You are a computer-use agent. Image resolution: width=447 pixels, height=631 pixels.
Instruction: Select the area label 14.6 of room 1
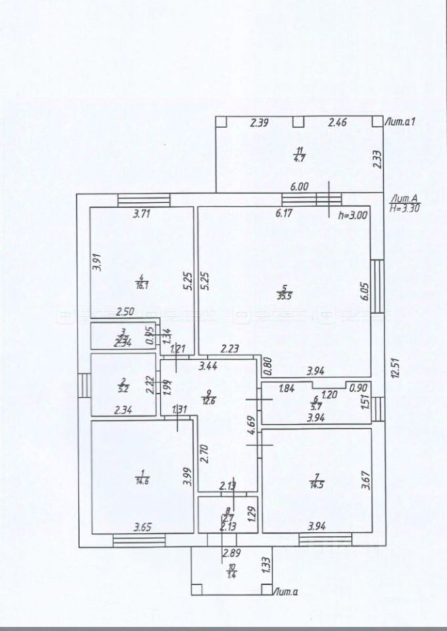[142, 481]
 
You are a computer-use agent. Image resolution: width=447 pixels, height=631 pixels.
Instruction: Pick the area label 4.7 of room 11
[299, 158]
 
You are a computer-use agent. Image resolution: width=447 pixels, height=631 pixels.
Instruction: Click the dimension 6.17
[284, 213]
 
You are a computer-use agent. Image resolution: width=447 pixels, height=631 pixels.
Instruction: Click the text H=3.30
[404, 208]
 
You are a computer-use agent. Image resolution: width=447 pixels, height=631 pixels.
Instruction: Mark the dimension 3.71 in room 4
[142, 213]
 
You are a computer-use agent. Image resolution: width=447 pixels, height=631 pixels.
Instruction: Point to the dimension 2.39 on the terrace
[259, 122]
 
